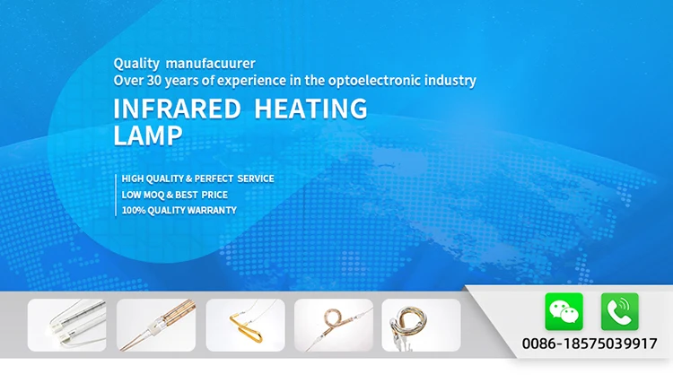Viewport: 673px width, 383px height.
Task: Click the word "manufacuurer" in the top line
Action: tap(211, 64)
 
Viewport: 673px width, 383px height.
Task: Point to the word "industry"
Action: tap(448, 80)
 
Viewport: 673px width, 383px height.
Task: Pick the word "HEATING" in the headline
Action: tap(311, 109)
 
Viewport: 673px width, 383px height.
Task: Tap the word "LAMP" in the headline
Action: tap(148, 135)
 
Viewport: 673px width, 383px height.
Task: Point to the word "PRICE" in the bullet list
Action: tap(214, 195)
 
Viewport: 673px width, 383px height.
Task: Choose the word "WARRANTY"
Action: tap(211, 210)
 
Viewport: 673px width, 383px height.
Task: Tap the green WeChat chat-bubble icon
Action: tap(564, 311)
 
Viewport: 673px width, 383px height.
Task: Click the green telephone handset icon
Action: tap(619, 311)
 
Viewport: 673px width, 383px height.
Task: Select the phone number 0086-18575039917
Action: tap(590, 344)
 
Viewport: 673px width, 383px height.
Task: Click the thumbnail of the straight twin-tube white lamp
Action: tap(66, 325)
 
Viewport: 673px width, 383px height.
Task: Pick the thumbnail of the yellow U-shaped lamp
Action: tap(245, 325)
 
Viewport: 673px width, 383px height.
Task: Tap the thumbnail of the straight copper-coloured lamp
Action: tap(156, 325)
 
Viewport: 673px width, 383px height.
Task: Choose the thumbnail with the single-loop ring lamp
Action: tap(334, 325)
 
